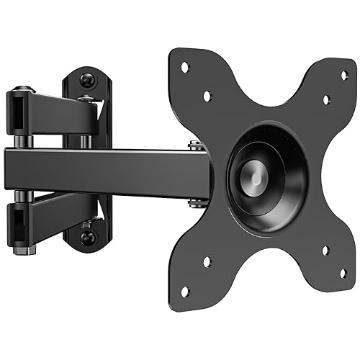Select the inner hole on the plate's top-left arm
tap(207, 95)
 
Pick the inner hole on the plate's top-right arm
tap(325, 99)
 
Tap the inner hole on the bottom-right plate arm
tap(325, 251)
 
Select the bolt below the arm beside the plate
tap(195, 203)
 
